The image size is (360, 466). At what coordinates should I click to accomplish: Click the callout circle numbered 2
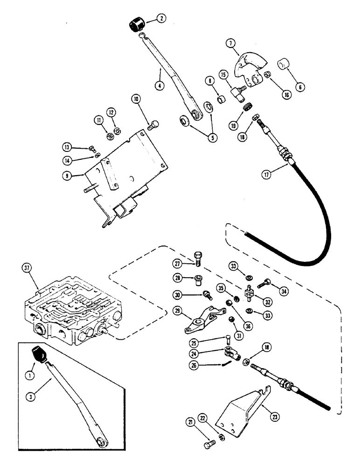(160, 19)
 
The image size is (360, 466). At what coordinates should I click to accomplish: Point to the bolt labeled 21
(209, 444)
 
